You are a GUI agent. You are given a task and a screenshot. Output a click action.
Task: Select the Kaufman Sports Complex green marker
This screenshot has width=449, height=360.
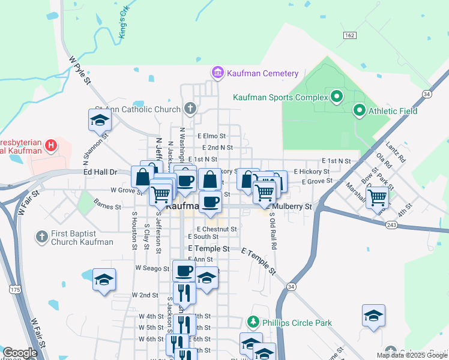(x=336, y=96)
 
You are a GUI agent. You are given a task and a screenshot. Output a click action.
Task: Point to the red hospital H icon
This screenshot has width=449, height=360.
(x=51, y=145)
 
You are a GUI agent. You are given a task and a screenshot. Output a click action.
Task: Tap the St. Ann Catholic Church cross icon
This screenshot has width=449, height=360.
(x=190, y=109)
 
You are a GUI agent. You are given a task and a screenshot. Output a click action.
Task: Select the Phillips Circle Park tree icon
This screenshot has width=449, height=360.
(x=254, y=323)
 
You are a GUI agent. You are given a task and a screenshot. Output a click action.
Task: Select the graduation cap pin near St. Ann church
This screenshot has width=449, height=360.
(x=100, y=121)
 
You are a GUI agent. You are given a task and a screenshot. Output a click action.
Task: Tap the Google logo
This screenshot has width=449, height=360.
(x=20, y=353)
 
